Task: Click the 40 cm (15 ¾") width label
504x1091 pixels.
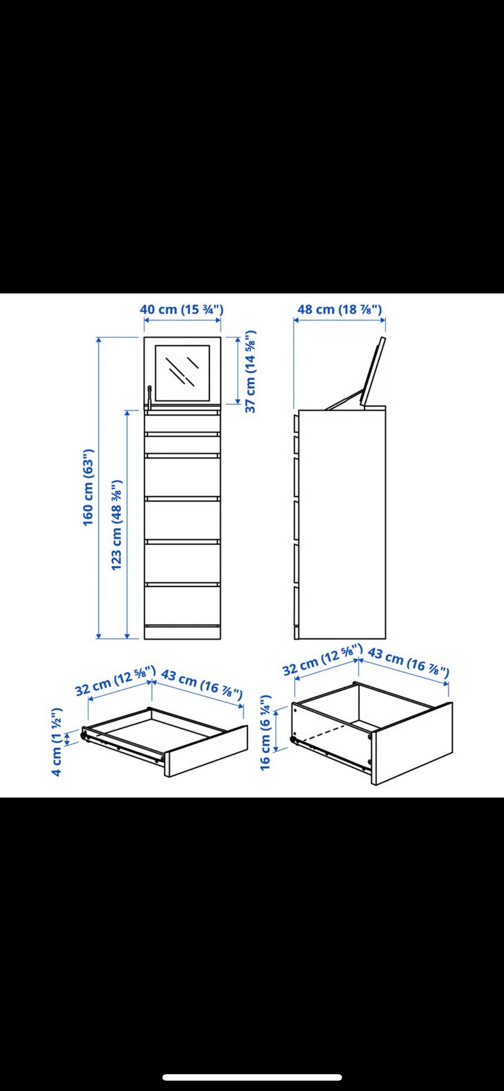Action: (x=182, y=309)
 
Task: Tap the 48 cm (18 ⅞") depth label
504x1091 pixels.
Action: (x=339, y=309)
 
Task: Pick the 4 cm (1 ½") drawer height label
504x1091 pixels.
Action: (x=57, y=741)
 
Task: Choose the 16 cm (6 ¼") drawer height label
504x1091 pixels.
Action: (x=266, y=732)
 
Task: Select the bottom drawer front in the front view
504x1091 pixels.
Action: (x=182, y=604)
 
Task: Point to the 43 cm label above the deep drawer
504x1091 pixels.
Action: (x=408, y=660)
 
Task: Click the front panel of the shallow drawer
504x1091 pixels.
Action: (x=206, y=751)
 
